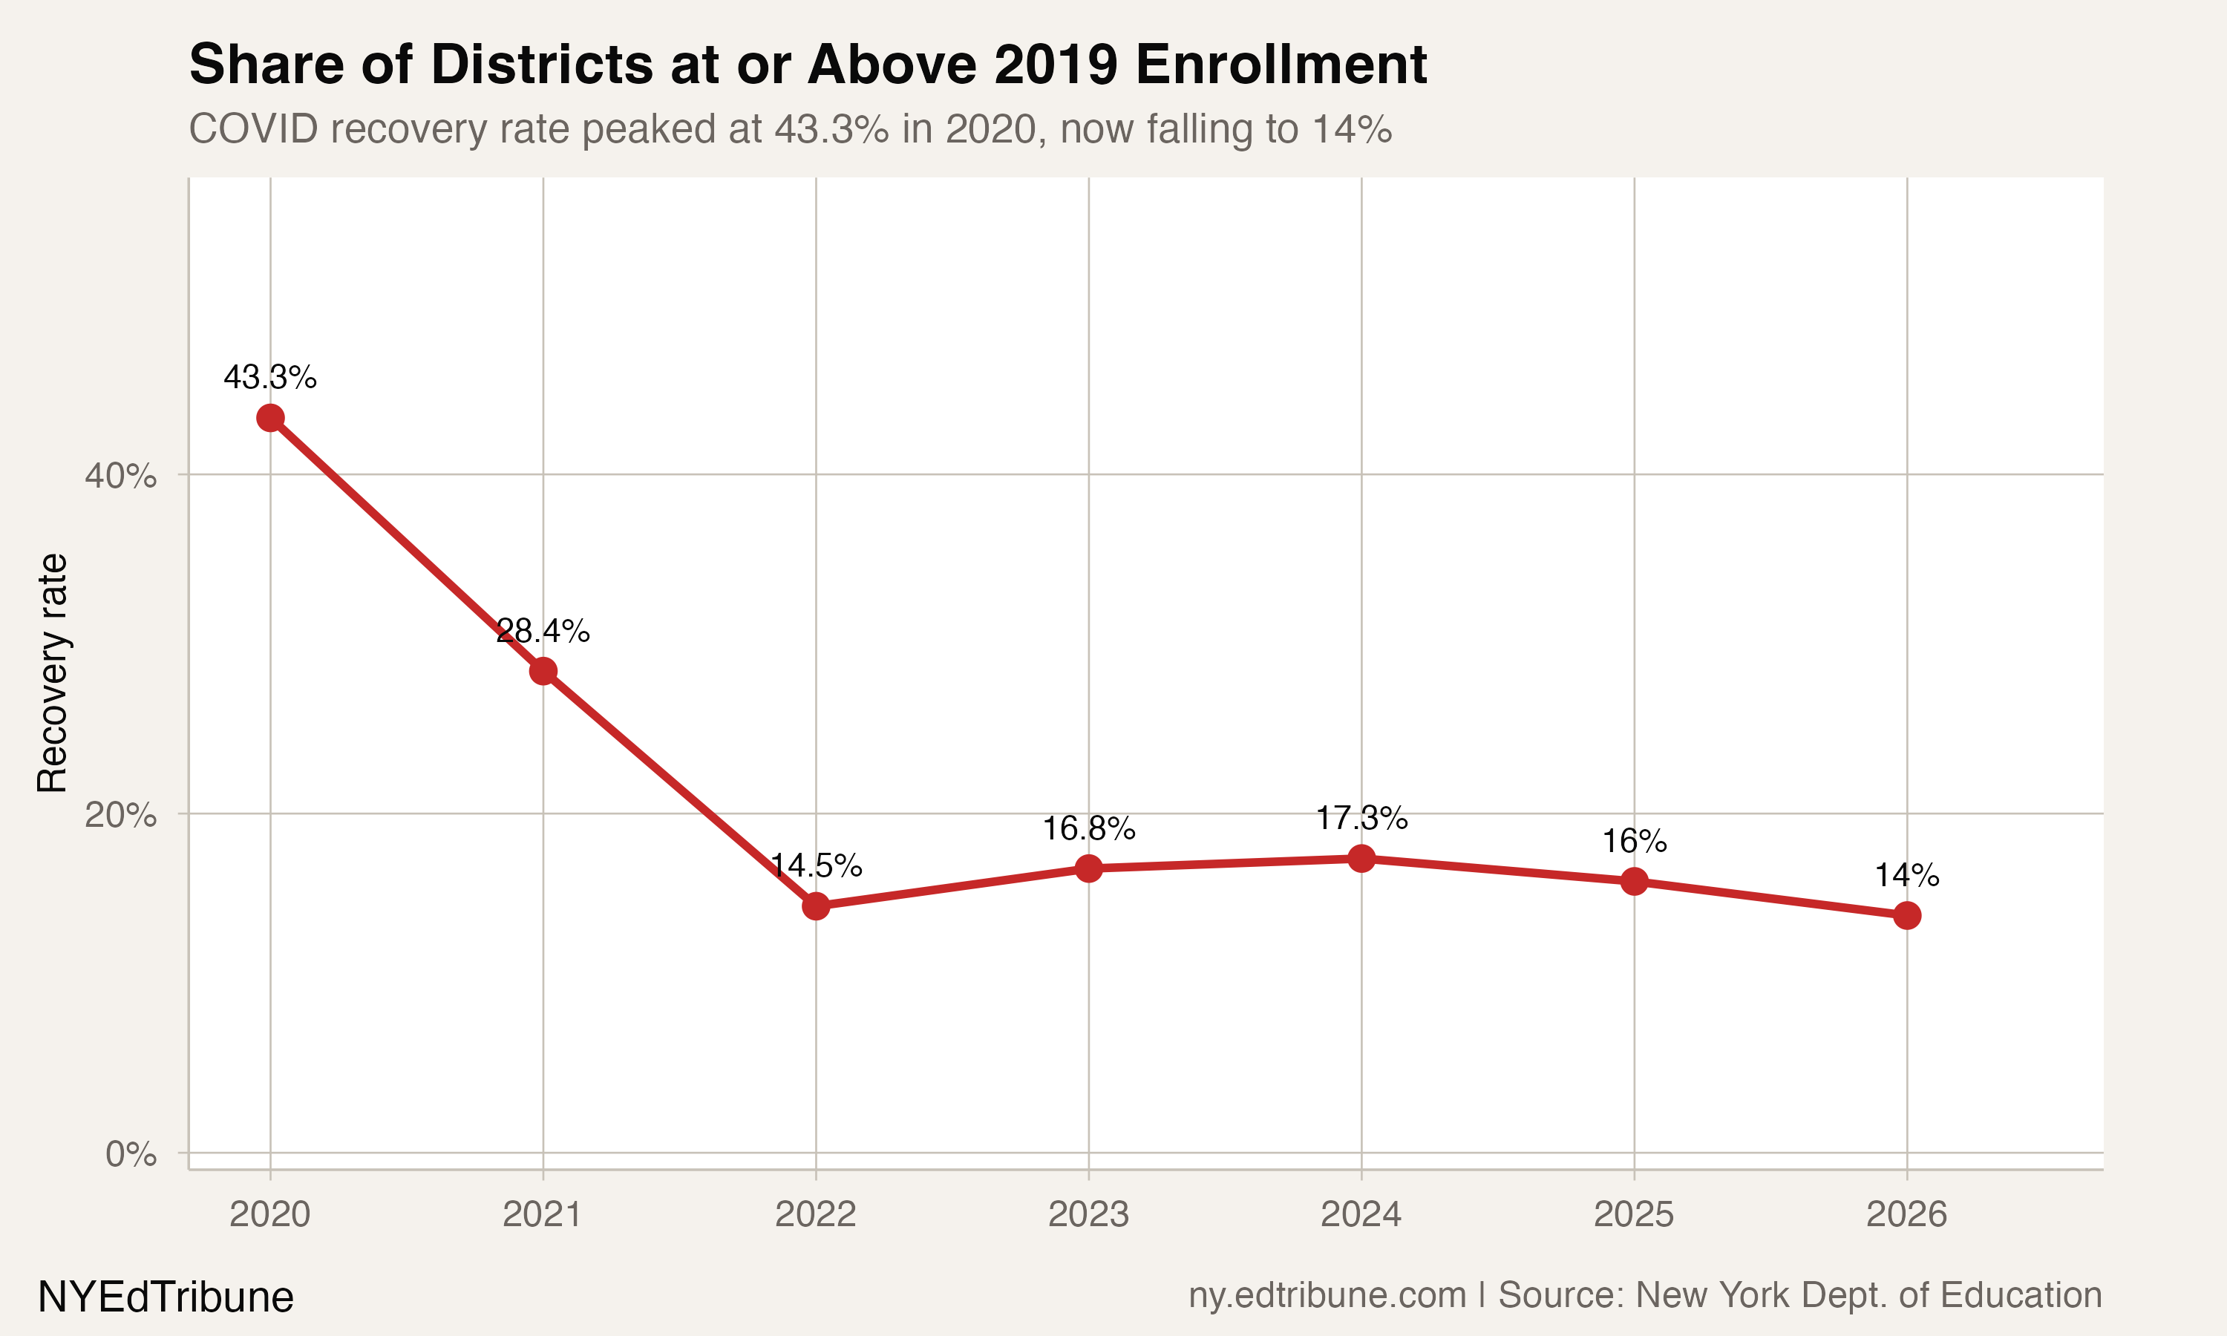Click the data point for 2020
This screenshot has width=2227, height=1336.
coord(270,418)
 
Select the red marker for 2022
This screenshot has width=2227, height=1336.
coord(816,906)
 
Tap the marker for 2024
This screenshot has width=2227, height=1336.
coord(1361,858)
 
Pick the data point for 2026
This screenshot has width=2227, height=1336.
coord(1906,916)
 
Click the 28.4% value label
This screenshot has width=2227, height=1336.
coord(543,631)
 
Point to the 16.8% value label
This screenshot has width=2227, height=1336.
coord(1088,828)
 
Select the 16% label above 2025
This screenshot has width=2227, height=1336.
coord(1634,842)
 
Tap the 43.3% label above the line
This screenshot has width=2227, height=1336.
coord(270,377)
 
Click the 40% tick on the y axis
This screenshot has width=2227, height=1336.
coord(120,475)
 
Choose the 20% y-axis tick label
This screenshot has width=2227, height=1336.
coord(120,815)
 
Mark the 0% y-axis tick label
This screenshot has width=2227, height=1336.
coord(131,1154)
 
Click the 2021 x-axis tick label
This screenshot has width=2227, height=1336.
coord(543,1214)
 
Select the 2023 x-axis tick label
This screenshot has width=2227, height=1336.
coord(1088,1214)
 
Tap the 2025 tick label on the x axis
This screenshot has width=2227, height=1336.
coord(1634,1214)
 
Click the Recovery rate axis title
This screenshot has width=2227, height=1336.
coord(52,672)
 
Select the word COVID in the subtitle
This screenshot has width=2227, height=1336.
coord(254,128)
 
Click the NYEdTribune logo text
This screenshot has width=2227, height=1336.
coord(166,1297)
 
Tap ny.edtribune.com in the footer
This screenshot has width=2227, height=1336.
coord(1327,1294)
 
